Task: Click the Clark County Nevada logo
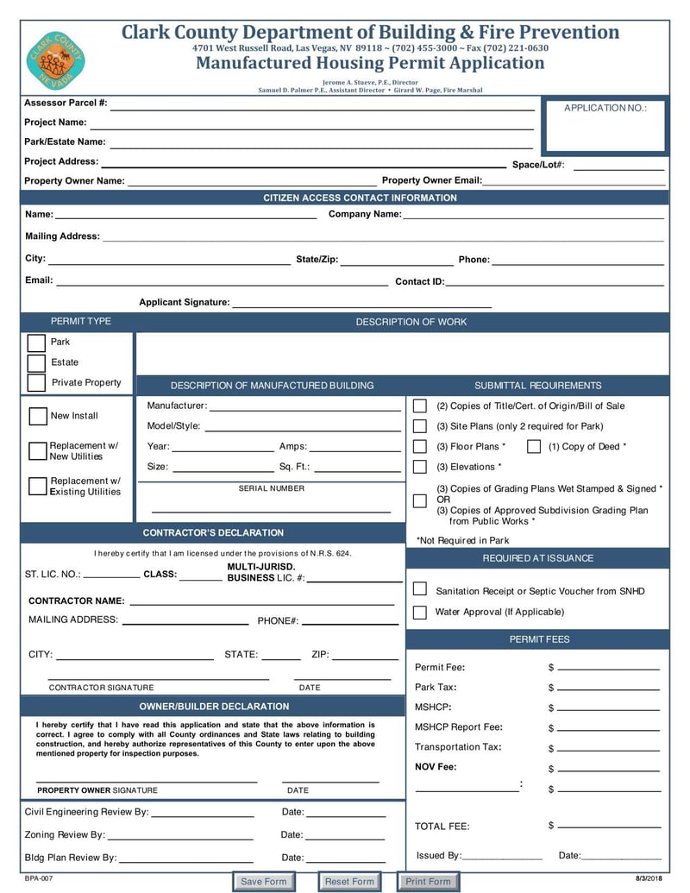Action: [x=56, y=60]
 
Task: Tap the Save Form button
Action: [x=263, y=881]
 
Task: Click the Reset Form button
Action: [x=349, y=881]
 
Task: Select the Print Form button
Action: [x=428, y=881]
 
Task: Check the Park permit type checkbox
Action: [x=36, y=343]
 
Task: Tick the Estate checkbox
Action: [x=36, y=363]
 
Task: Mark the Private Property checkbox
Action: [x=36, y=383]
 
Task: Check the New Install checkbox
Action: [x=38, y=417]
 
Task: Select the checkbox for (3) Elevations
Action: [x=420, y=468]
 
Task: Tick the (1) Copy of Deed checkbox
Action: [x=534, y=447]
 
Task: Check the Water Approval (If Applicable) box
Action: [x=420, y=613]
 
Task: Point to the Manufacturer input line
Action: [x=305, y=406]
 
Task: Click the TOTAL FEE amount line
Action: [x=608, y=827]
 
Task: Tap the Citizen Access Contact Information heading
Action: [x=360, y=198]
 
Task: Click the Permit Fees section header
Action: [x=538, y=639]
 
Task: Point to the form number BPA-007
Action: [x=39, y=877]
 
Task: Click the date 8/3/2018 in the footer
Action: [x=649, y=877]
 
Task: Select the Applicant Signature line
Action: [x=361, y=303]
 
